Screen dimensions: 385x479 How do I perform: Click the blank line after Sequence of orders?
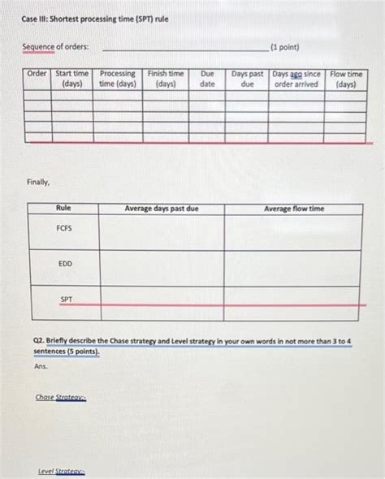pos(184,50)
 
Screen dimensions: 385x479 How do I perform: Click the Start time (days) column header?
pos(72,79)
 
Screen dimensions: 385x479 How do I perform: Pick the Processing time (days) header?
pos(118,79)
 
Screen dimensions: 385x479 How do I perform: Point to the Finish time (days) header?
pos(166,79)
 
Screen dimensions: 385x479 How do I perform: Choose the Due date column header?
pos(208,79)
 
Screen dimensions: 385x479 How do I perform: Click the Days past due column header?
pos(248,79)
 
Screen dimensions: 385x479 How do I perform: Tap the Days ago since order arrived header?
pos(296,79)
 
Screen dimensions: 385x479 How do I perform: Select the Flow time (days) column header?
pos(347,79)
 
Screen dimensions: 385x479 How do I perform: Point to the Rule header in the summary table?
pos(63,209)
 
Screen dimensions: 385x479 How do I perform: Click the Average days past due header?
pos(162,209)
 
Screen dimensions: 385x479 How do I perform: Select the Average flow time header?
pos(293,209)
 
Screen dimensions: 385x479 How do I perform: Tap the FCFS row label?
pos(64,229)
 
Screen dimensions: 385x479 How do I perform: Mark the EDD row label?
pos(64,264)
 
